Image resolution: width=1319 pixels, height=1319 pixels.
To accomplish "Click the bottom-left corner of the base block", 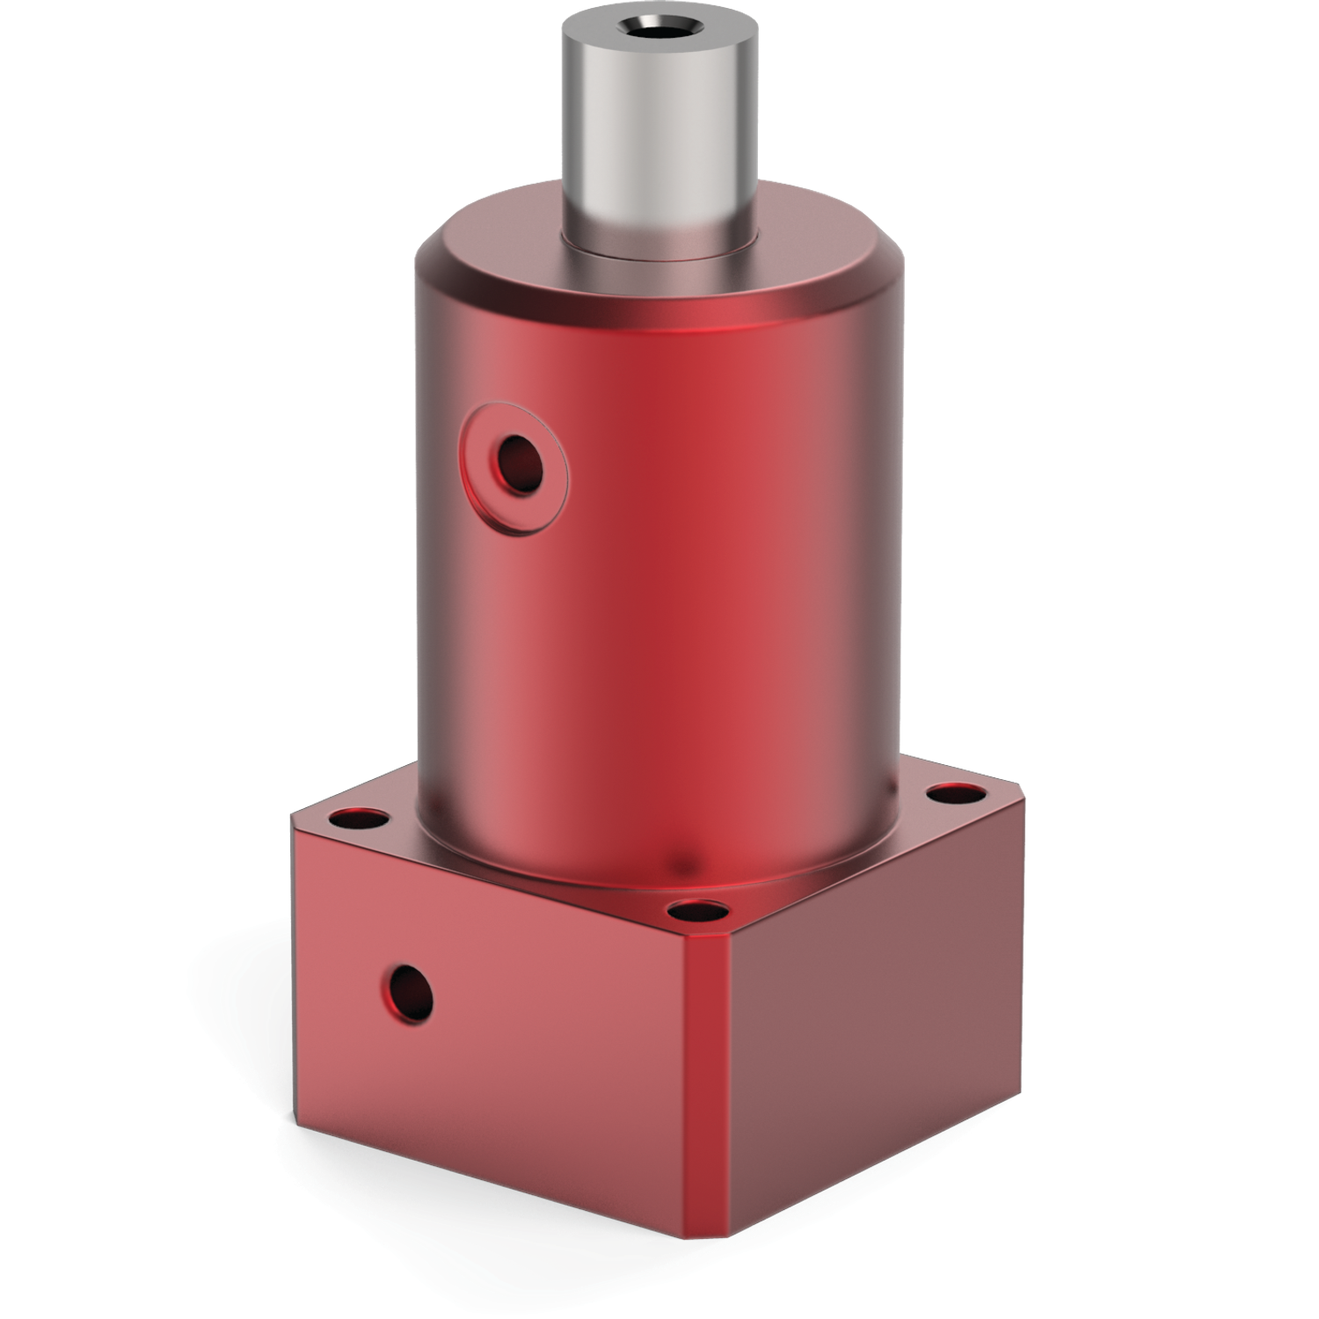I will coord(304,1093).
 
